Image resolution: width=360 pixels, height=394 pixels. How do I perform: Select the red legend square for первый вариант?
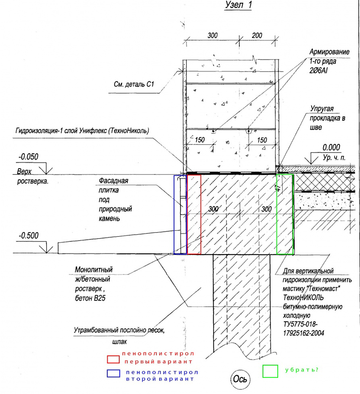(114, 359)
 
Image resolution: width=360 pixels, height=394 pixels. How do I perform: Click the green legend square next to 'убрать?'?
(270, 371)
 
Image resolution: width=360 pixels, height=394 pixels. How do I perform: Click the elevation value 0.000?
(331, 147)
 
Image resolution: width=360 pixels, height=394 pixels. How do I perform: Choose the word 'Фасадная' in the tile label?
(114, 181)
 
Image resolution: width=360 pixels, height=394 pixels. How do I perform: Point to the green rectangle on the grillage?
(285, 214)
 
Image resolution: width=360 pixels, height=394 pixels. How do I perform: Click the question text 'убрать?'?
(302, 369)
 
